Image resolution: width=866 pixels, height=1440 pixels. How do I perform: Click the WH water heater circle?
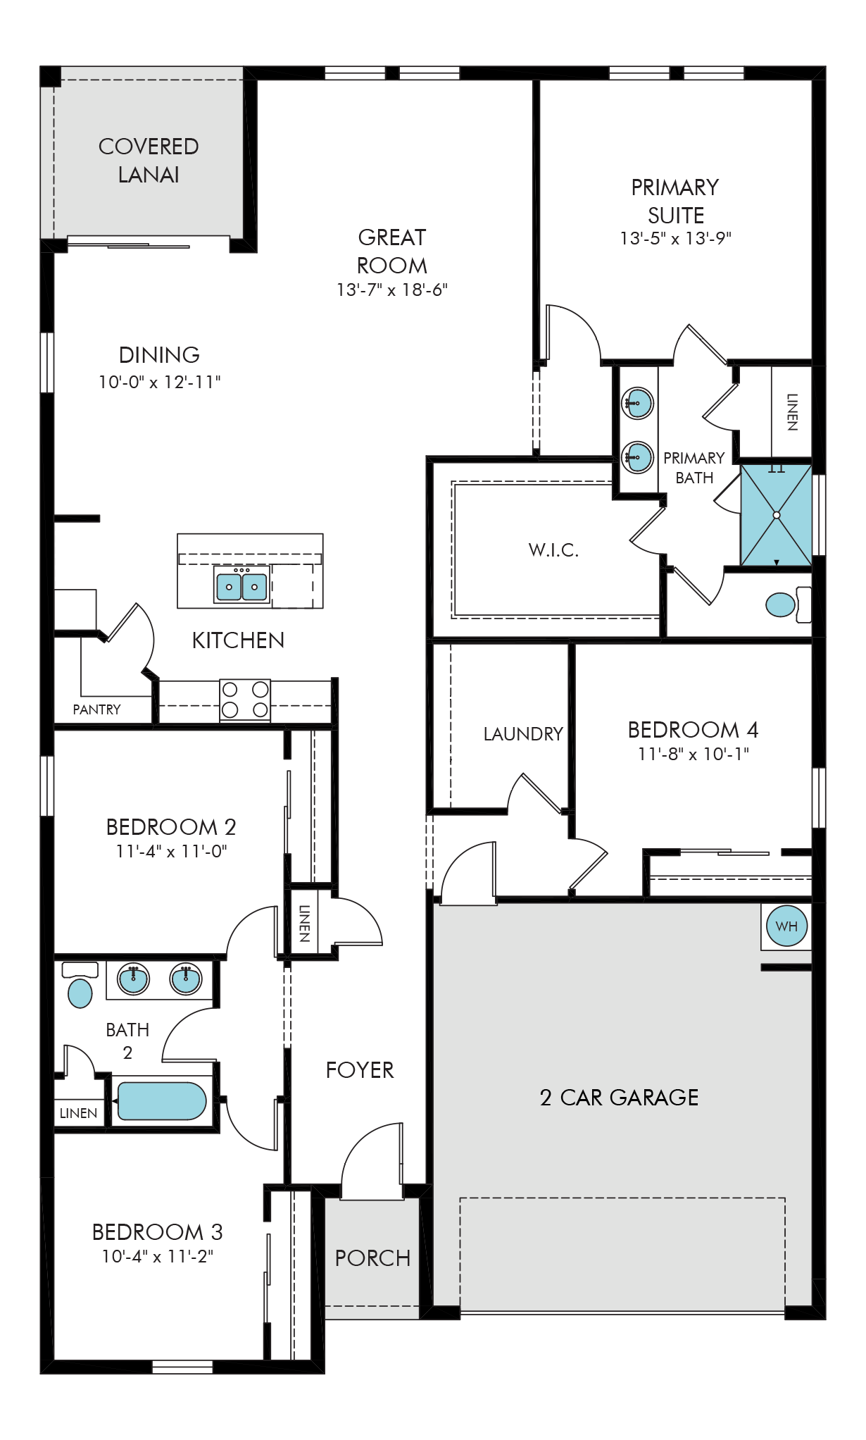[x=786, y=926]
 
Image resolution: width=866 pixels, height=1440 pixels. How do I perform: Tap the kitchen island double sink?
[x=241, y=586]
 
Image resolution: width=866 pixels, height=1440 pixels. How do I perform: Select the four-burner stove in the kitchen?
[x=245, y=700]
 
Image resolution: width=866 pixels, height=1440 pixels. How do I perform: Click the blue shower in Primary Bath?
[x=776, y=515]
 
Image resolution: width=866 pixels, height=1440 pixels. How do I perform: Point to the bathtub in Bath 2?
[x=162, y=1101]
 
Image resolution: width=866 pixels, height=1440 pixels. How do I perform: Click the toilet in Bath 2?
[x=80, y=986]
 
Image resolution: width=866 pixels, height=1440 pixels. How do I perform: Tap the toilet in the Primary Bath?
[x=788, y=604]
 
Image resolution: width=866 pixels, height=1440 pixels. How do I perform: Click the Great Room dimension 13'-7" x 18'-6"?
[x=392, y=290]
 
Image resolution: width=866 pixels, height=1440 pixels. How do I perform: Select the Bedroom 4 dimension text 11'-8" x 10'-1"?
[x=694, y=754]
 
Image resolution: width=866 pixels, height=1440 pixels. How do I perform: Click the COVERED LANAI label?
[x=149, y=161]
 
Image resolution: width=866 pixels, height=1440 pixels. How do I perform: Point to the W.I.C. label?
[x=553, y=550]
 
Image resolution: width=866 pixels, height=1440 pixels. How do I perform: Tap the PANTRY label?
[x=97, y=709]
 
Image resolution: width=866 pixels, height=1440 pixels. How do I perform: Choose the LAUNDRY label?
[x=523, y=734]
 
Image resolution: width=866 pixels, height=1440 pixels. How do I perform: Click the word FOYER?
[x=360, y=1070]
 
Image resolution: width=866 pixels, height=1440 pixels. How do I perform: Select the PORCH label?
[x=372, y=1258]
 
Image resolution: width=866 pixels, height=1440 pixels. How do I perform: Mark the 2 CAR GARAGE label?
[x=620, y=1097]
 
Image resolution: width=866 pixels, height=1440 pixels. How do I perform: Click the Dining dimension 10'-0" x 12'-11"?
[x=160, y=382]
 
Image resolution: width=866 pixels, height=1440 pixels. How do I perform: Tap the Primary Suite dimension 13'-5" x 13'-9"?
[x=676, y=238]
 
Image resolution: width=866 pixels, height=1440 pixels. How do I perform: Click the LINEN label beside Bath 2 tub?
[x=78, y=1113]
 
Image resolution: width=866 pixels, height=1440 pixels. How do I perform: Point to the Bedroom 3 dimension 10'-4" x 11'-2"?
[x=158, y=1256]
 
